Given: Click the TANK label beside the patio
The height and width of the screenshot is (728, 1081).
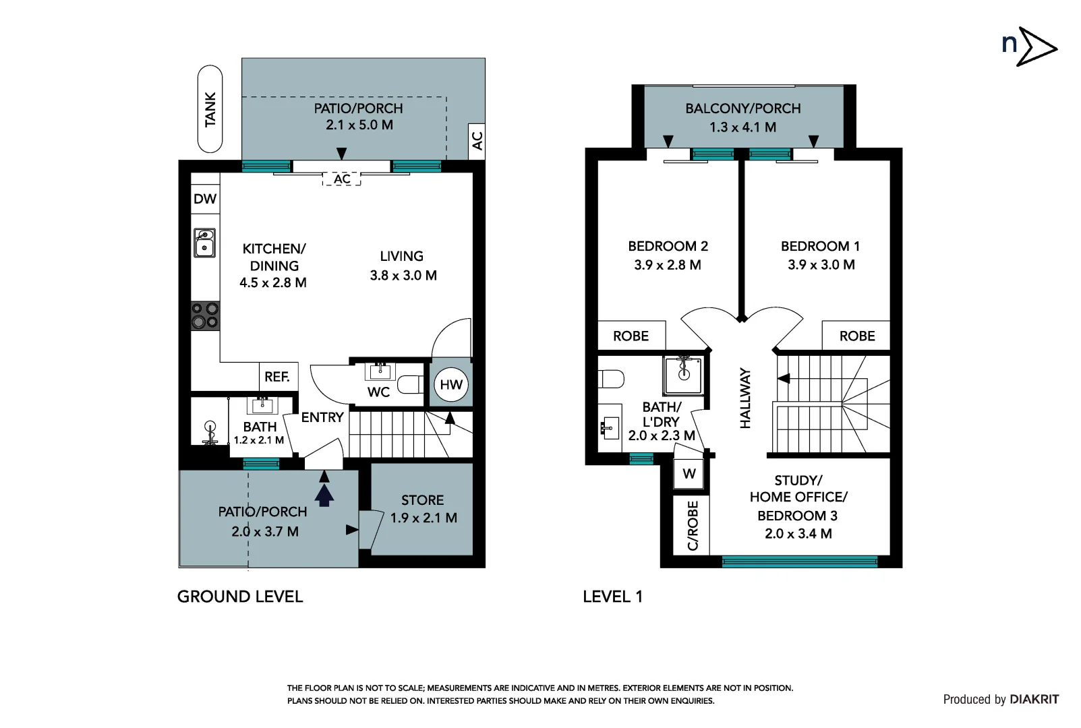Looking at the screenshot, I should point(210,109).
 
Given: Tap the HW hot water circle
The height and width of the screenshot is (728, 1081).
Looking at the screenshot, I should point(450,385).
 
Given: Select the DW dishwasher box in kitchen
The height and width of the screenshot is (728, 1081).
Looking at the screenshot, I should point(205,199).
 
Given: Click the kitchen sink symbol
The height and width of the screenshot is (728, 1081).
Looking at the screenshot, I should point(205,243).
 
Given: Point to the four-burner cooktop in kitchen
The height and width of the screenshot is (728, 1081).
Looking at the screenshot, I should point(205,315).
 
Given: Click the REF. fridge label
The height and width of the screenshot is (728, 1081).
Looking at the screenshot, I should point(277,377).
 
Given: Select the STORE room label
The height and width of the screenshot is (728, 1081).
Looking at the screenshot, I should point(423,500).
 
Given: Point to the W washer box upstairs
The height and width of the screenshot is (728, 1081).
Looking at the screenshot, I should point(689,474).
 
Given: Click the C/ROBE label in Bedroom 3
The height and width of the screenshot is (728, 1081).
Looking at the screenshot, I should point(693,526).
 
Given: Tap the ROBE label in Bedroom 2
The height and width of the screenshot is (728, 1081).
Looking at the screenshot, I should point(631,336).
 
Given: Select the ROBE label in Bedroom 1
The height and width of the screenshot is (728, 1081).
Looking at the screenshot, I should point(857,336).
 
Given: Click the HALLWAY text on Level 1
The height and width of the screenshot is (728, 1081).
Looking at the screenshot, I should point(745,398).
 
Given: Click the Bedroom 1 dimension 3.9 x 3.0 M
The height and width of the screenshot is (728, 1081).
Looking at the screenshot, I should point(821,265).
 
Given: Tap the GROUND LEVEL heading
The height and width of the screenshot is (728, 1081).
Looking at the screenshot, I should point(240,597).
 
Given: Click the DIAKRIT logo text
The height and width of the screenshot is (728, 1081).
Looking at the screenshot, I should point(1034,700).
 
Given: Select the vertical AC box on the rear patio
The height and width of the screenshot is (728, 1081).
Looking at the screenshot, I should point(477,141).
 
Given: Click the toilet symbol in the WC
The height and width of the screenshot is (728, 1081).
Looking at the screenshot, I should point(410,385).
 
